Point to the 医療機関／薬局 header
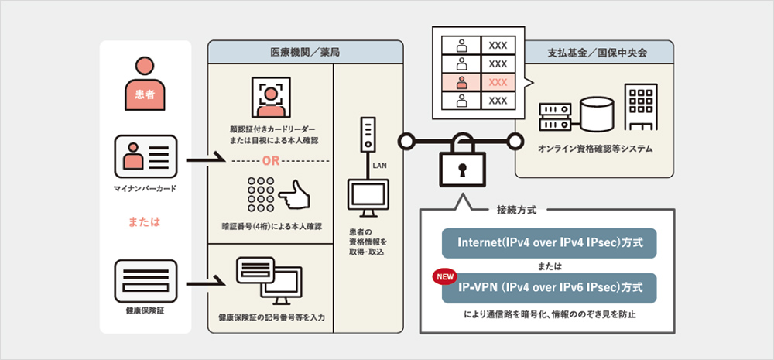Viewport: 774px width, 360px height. click(x=305, y=52)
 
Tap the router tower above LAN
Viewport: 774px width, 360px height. click(x=368, y=137)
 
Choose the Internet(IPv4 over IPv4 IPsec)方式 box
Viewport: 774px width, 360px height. click(x=549, y=243)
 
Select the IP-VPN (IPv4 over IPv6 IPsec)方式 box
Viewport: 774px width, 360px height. click(x=549, y=287)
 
